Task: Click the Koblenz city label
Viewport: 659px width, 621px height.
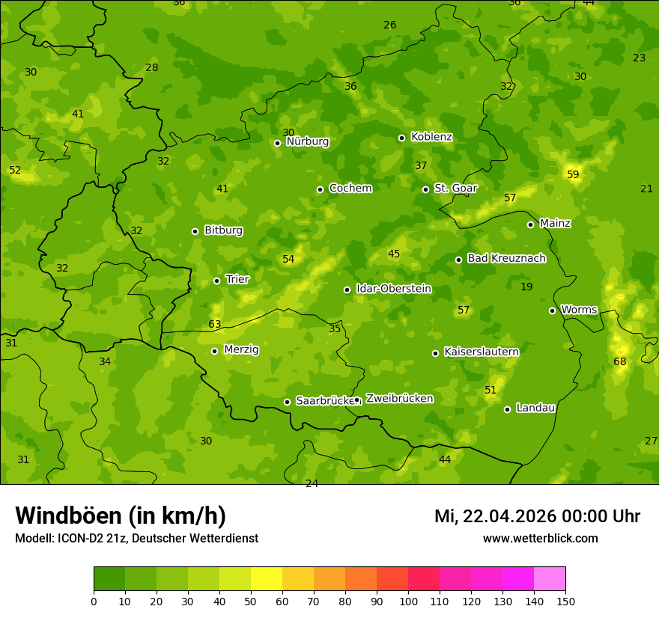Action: pyautogui.click(x=431, y=137)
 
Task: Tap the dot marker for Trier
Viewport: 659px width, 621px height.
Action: pyautogui.click(x=217, y=281)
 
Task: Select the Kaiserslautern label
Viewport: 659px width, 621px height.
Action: pyautogui.click(x=481, y=352)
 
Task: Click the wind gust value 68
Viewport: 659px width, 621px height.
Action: pyautogui.click(x=620, y=362)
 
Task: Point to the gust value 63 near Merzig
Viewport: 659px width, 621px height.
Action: pyautogui.click(x=215, y=325)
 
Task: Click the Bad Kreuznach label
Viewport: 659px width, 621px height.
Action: pyautogui.click(x=506, y=259)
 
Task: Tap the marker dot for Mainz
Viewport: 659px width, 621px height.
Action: pyautogui.click(x=530, y=224)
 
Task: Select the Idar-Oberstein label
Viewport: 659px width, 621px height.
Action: pyautogui.click(x=393, y=289)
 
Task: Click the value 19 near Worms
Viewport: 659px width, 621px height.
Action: pyautogui.click(x=526, y=287)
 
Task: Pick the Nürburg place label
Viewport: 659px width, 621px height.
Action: pyautogui.click(x=307, y=141)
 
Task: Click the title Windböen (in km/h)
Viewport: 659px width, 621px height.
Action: pyautogui.click(x=121, y=516)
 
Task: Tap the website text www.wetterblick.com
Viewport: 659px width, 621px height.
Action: pyautogui.click(x=540, y=539)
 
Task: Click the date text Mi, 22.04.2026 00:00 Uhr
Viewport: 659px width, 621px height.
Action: pyautogui.click(x=537, y=516)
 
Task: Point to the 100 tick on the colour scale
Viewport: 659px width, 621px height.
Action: pyautogui.click(x=409, y=600)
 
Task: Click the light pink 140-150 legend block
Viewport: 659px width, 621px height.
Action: pyautogui.click(x=550, y=578)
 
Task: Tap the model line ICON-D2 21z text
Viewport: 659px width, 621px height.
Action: pyautogui.click(x=136, y=539)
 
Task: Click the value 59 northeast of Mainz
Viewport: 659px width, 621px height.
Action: pyautogui.click(x=573, y=175)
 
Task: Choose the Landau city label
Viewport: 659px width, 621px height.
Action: pyautogui.click(x=535, y=408)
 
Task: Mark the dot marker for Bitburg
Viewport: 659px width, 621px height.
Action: pyautogui.click(x=195, y=231)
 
